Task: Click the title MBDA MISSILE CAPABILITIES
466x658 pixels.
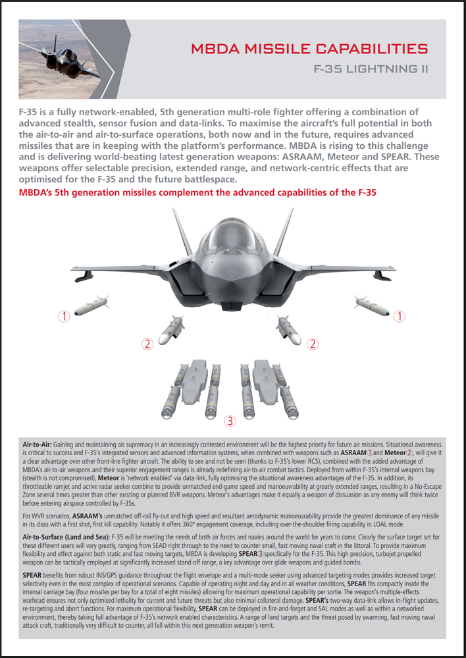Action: [x=309, y=49]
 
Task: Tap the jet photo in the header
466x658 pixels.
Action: [x=60, y=58]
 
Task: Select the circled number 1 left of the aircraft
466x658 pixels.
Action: [x=64, y=316]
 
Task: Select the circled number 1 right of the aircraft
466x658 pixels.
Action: [x=399, y=316]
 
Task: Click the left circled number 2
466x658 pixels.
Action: [x=147, y=343]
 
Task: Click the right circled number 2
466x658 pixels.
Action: [x=313, y=343]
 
